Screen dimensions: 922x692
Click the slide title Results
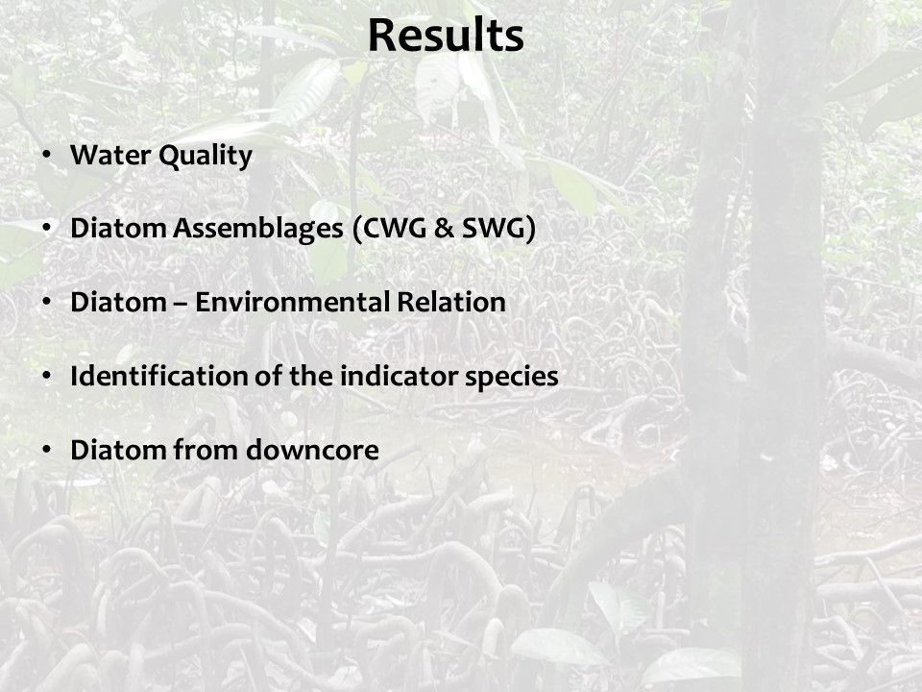(x=446, y=36)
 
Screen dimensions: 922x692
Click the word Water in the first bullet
(x=109, y=155)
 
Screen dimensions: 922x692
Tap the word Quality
(x=206, y=157)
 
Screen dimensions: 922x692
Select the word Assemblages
(x=258, y=230)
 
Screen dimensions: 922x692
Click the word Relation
(x=451, y=302)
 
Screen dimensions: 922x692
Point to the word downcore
(x=312, y=450)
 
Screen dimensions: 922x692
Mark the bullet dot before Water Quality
(x=46, y=155)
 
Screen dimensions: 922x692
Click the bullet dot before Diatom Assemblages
(x=46, y=229)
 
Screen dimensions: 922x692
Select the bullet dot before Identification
(x=46, y=376)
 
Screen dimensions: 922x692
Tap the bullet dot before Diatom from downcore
(x=46, y=450)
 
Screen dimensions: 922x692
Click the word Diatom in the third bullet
(x=118, y=302)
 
